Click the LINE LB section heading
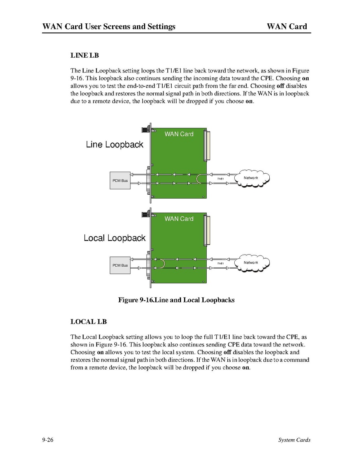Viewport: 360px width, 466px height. [84, 55]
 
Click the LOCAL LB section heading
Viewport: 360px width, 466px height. [88, 322]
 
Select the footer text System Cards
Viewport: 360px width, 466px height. [294, 440]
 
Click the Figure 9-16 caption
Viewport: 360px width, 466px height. [176, 300]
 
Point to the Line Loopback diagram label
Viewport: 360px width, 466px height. [114, 145]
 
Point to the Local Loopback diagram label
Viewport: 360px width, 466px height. [114, 238]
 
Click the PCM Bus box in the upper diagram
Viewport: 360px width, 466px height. [120, 181]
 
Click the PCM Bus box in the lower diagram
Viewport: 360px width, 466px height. [120, 266]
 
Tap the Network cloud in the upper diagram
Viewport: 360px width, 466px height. [251, 178]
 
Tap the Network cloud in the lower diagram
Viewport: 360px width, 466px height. [251, 263]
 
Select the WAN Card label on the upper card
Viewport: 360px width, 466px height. [179, 134]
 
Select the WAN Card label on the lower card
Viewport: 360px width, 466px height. [179, 219]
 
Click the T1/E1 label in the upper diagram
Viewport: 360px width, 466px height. [220, 179]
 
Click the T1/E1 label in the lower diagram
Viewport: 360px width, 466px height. [220, 264]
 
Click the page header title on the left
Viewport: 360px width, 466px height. [109, 26]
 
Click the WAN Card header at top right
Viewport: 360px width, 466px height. [287, 26]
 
